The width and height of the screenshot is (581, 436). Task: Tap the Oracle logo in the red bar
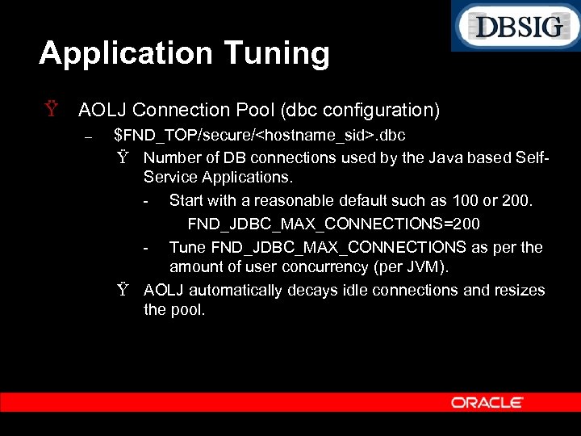pyautogui.click(x=487, y=402)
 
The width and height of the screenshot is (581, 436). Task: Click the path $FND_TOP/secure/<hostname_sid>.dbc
pyautogui.click(x=260, y=134)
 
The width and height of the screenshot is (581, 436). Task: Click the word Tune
pyautogui.click(x=186, y=247)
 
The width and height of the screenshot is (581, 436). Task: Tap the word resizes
pyautogui.click(x=516, y=290)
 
